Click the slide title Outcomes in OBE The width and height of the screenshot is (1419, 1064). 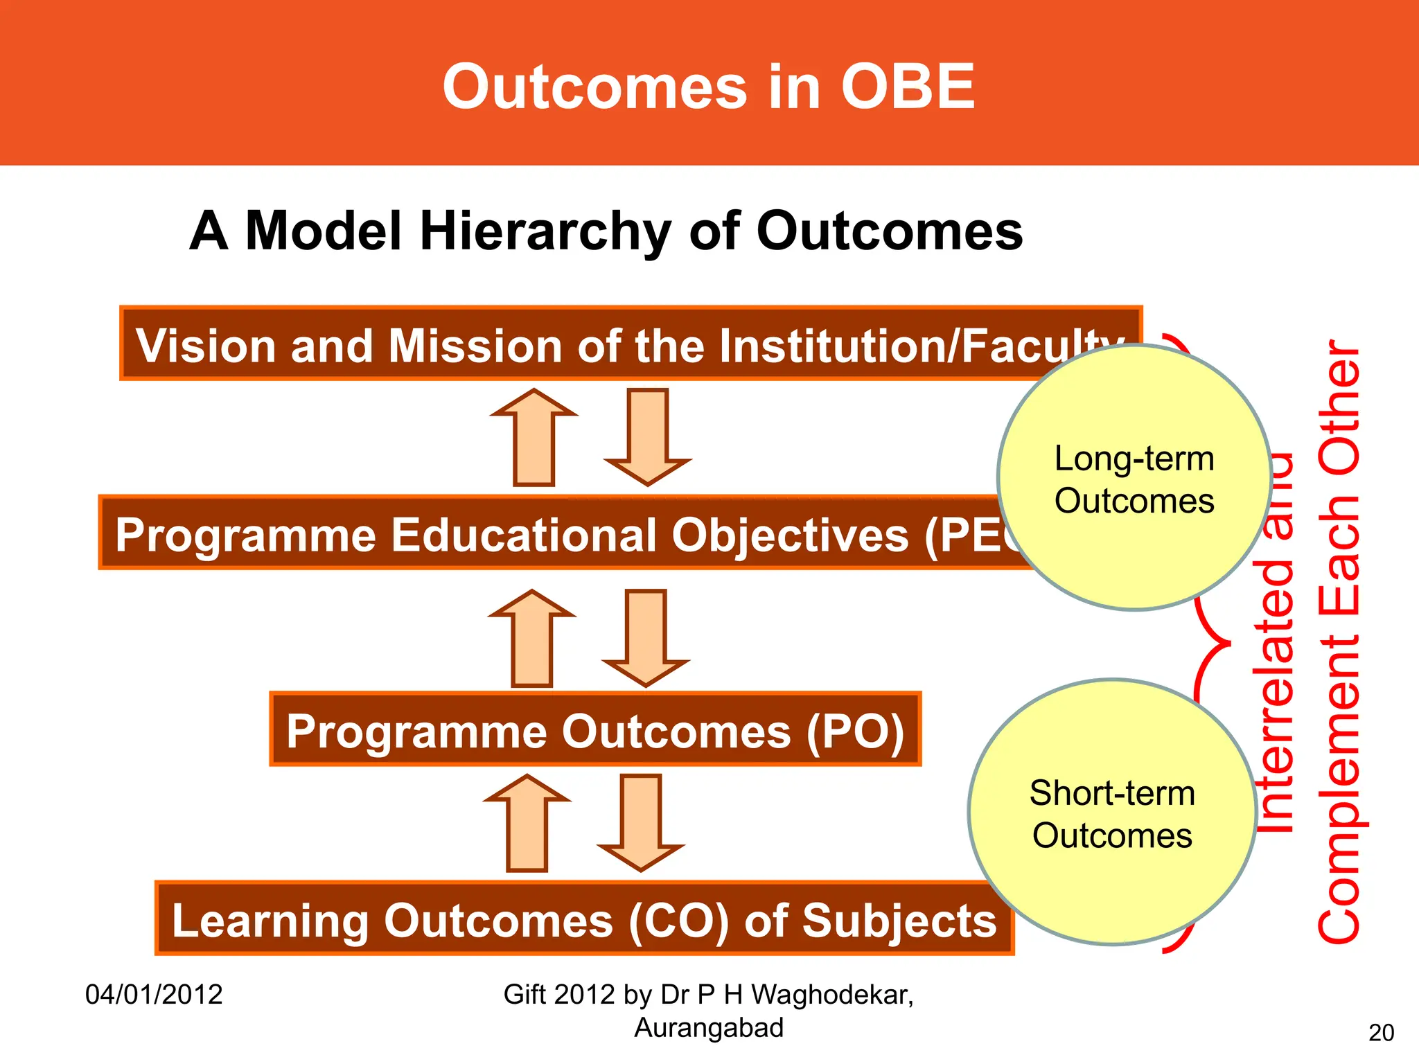708,87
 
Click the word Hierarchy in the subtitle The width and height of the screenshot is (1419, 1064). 545,231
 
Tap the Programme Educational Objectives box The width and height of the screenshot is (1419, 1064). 554,534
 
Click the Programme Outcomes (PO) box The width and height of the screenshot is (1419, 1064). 595,730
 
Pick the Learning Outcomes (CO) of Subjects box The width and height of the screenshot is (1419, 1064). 583,919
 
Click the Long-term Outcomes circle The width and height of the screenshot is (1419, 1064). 1134,478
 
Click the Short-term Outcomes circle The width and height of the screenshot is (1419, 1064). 1112,813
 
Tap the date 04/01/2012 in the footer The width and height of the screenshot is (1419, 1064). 154,995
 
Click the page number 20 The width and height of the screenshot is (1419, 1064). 1381,1033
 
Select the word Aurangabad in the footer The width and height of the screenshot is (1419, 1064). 708,1028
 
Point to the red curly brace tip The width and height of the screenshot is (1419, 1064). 1228,643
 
